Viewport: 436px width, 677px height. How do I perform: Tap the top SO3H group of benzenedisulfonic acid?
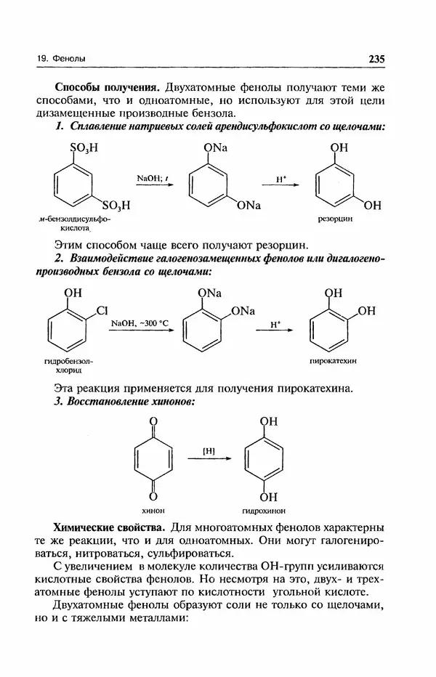82,149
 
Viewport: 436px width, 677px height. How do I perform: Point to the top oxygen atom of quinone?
153,421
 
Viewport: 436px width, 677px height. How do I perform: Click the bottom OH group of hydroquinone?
268,498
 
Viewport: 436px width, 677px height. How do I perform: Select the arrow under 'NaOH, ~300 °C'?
143,331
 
